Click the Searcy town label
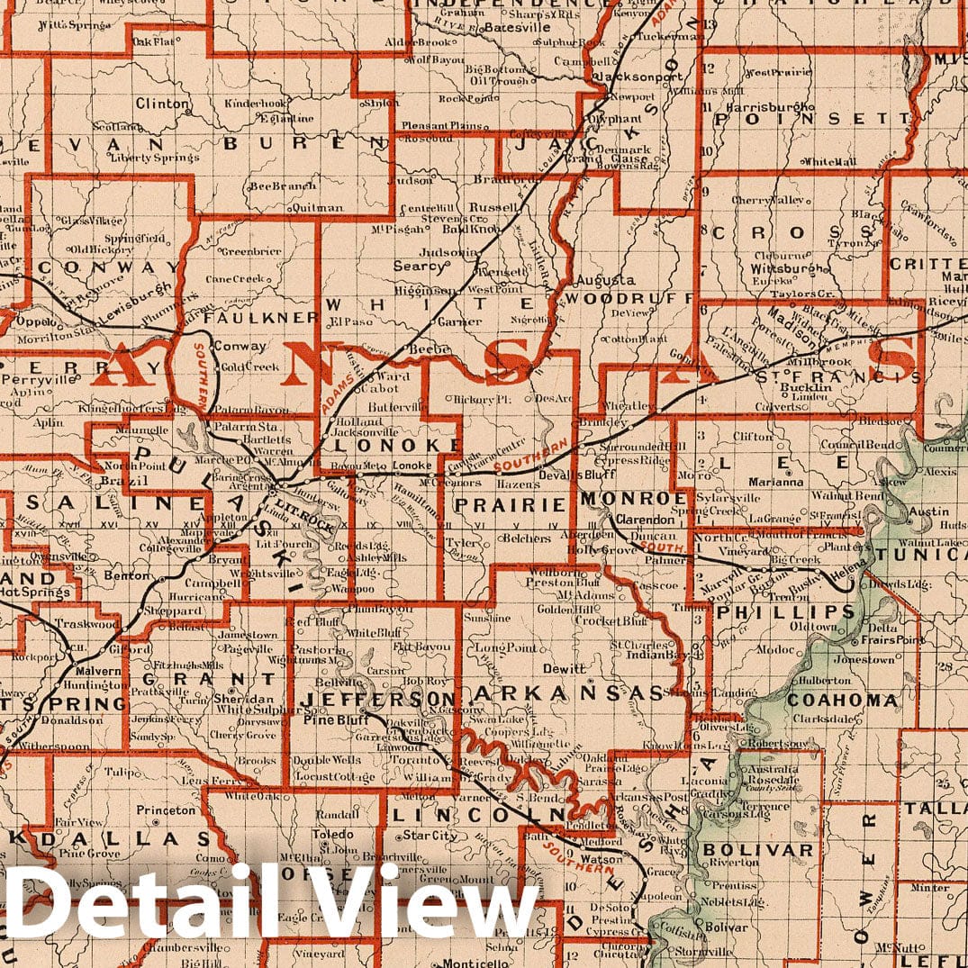[420, 267]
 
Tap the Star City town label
[424, 836]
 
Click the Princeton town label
[166, 810]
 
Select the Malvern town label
[99, 671]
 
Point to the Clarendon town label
[645, 520]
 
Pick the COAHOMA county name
[842, 700]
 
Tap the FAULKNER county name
[260, 318]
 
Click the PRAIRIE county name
[509, 505]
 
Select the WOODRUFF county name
[627, 298]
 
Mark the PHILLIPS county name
[784, 611]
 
